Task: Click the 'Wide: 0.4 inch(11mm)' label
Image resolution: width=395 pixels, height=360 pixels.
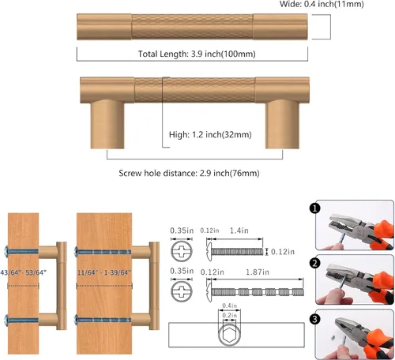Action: click(x=322, y=4)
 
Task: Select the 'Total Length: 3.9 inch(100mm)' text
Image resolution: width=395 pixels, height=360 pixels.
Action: click(x=197, y=54)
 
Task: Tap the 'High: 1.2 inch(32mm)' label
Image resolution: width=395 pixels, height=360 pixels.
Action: click(x=210, y=135)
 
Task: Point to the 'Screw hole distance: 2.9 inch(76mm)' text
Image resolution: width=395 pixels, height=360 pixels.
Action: click(x=189, y=173)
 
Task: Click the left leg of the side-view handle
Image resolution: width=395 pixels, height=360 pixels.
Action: click(x=107, y=124)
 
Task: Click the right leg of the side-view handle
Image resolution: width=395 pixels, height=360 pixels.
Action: click(x=282, y=124)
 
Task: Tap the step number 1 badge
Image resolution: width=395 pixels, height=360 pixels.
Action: click(x=315, y=208)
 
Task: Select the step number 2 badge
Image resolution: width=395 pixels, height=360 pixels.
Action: click(x=315, y=264)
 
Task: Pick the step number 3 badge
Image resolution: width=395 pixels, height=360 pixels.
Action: click(x=315, y=319)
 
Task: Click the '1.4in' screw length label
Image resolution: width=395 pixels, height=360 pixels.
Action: click(x=239, y=231)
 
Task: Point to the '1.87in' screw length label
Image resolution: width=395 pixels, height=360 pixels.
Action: click(x=258, y=272)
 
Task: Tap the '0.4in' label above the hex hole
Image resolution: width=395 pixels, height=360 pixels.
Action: click(x=229, y=306)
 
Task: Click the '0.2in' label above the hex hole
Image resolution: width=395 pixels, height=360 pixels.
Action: click(x=229, y=315)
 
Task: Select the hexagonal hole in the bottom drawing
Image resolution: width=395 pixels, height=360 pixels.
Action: click(x=229, y=336)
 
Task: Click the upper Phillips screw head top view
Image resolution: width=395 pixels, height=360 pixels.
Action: click(x=182, y=251)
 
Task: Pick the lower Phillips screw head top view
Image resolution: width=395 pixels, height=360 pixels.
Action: click(x=182, y=291)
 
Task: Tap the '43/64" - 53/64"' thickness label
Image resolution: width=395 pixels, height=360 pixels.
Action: click(x=23, y=272)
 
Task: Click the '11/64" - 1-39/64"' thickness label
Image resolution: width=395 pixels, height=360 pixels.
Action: click(x=104, y=272)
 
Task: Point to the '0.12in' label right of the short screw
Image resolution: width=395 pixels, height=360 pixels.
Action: click(x=283, y=252)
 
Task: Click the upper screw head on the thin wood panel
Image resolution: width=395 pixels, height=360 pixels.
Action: click(x=6, y=252)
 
